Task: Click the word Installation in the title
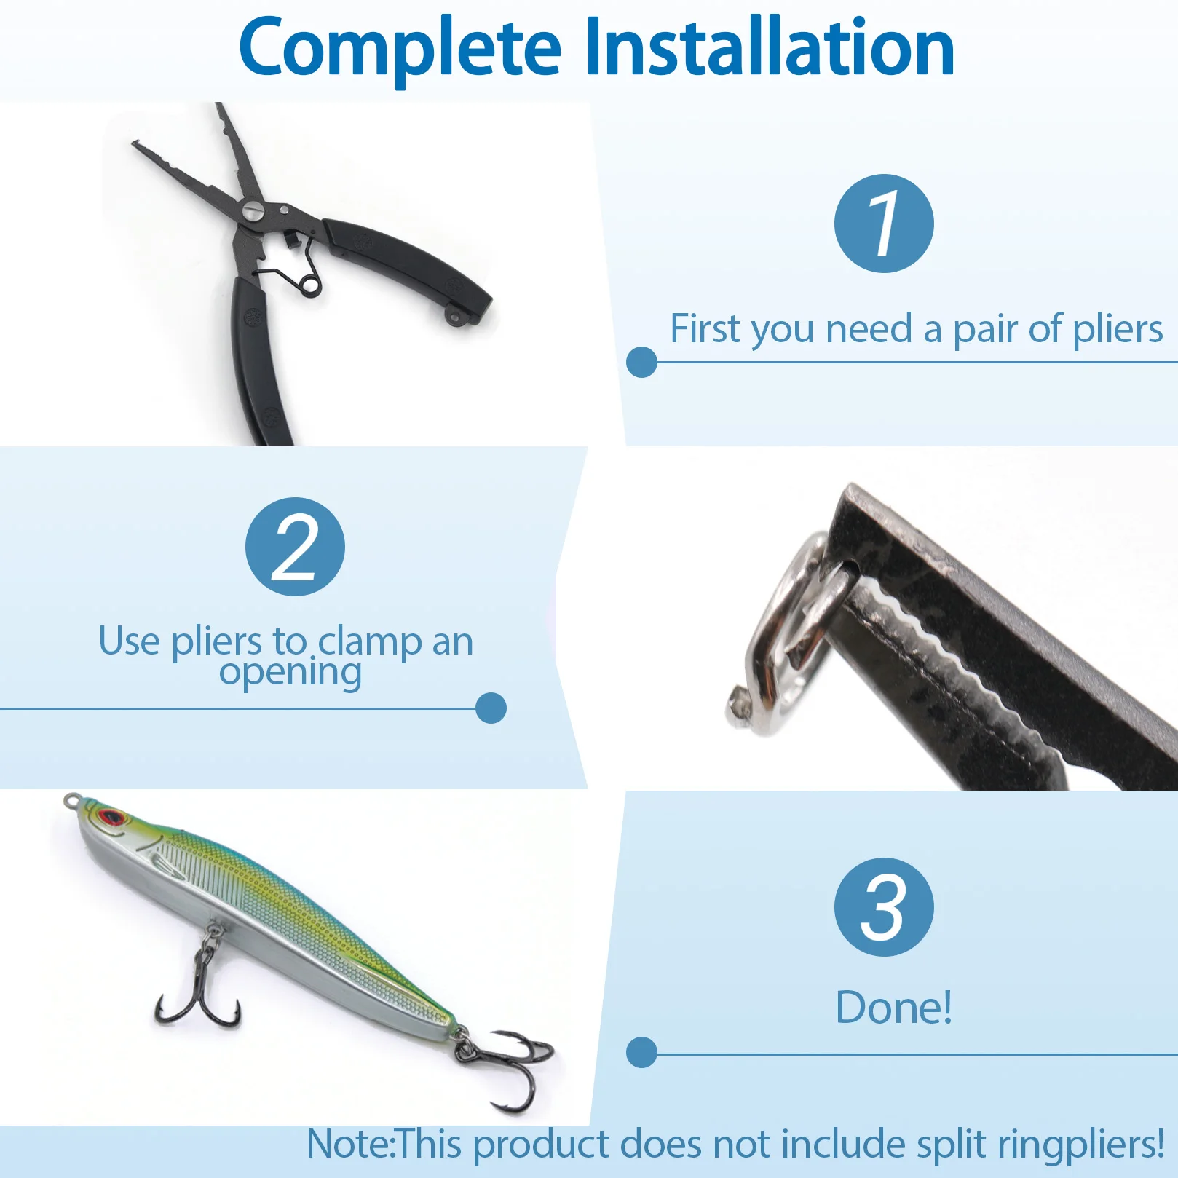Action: (x=770, y=46)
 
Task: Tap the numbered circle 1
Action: (x=884, y=224)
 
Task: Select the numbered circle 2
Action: (x=295, y=547)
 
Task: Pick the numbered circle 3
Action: (x=884, y=907)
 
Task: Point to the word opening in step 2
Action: (x=290, y=673)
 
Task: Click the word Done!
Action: (x=893, y=1008)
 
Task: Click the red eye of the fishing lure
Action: (x=111, y=816)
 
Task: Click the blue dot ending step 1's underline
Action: (x=641, y=362)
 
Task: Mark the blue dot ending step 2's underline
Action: (x=491, y=708)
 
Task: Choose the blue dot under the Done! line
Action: (x=641, y=1053)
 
